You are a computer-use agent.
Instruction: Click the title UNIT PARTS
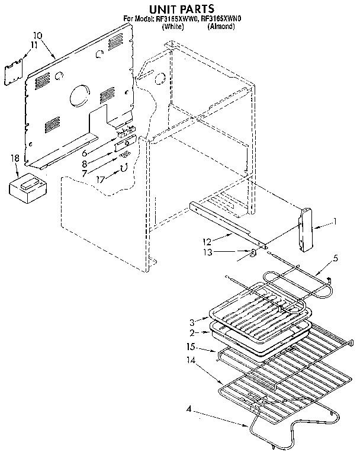pyautogui.click(x=181, y=8)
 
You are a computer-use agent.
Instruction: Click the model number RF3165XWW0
pyautogui.click(x=178, y=18)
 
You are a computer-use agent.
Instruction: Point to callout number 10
pyautogui.click(x=37, y=35)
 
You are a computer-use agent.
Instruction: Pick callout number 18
pyautogui.click(x=15, y=158)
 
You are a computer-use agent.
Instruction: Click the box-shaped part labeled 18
pyautogui.click(x=28, y=188)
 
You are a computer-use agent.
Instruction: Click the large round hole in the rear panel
pyautogui.click(x=77, y=95)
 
